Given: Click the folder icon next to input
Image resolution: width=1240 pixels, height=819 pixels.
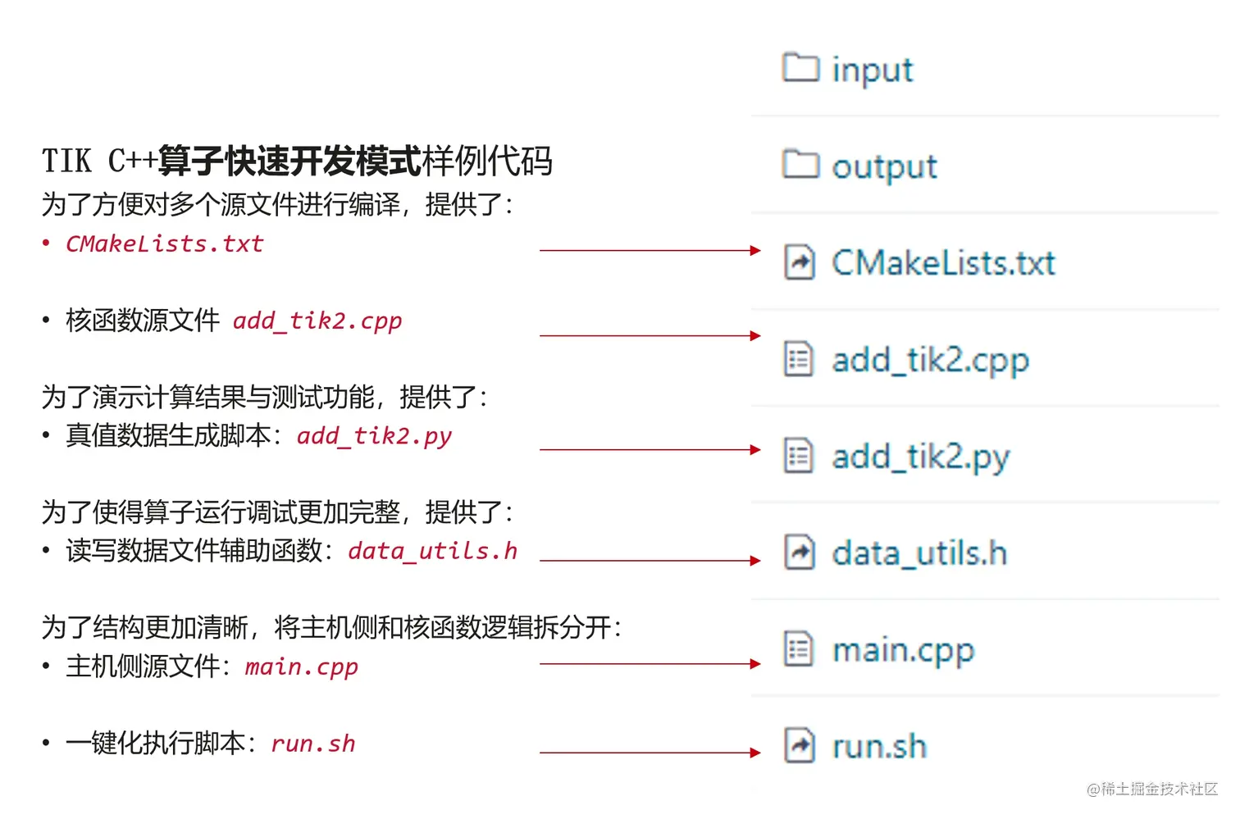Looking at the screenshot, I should (800, 67).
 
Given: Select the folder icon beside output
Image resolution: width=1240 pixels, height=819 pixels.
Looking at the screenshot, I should (800, 164).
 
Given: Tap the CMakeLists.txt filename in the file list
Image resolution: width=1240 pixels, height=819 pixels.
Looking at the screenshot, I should (943, 263).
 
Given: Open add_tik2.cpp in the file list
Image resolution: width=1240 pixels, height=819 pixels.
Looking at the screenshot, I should (930, 360).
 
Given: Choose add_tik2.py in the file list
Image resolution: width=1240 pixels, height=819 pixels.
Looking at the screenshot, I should (920, 457).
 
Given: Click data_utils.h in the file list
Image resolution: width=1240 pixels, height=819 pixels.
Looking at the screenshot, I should (919, 553).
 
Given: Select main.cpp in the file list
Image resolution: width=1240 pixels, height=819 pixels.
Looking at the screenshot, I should (903, 650).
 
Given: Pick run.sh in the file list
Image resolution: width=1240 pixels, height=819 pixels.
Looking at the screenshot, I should (879, 747).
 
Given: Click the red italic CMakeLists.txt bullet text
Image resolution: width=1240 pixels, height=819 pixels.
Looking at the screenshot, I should (165, 243).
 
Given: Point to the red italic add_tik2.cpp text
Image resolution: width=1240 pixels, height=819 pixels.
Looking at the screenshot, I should (317, 321).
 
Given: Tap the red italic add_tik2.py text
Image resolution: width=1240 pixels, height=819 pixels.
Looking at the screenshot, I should (374, 435).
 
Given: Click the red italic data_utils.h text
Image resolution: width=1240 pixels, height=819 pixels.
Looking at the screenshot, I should (432, 551).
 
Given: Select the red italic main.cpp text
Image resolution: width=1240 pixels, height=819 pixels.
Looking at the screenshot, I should (302, 667).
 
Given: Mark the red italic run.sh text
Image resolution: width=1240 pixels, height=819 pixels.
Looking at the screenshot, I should (313, 744).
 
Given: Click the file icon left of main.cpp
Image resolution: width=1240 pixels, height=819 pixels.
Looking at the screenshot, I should (799, 649).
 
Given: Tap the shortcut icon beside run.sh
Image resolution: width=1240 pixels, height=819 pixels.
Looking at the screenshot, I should (799, 746).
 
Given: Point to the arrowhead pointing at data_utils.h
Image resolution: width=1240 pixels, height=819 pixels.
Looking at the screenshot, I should (755, 561).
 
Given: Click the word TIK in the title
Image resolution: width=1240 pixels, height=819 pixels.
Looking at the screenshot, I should (66, 162).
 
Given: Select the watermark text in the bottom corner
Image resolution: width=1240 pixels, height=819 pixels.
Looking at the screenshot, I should (1151, 789).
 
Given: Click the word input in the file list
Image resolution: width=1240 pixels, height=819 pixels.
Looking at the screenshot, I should (872, 70).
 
